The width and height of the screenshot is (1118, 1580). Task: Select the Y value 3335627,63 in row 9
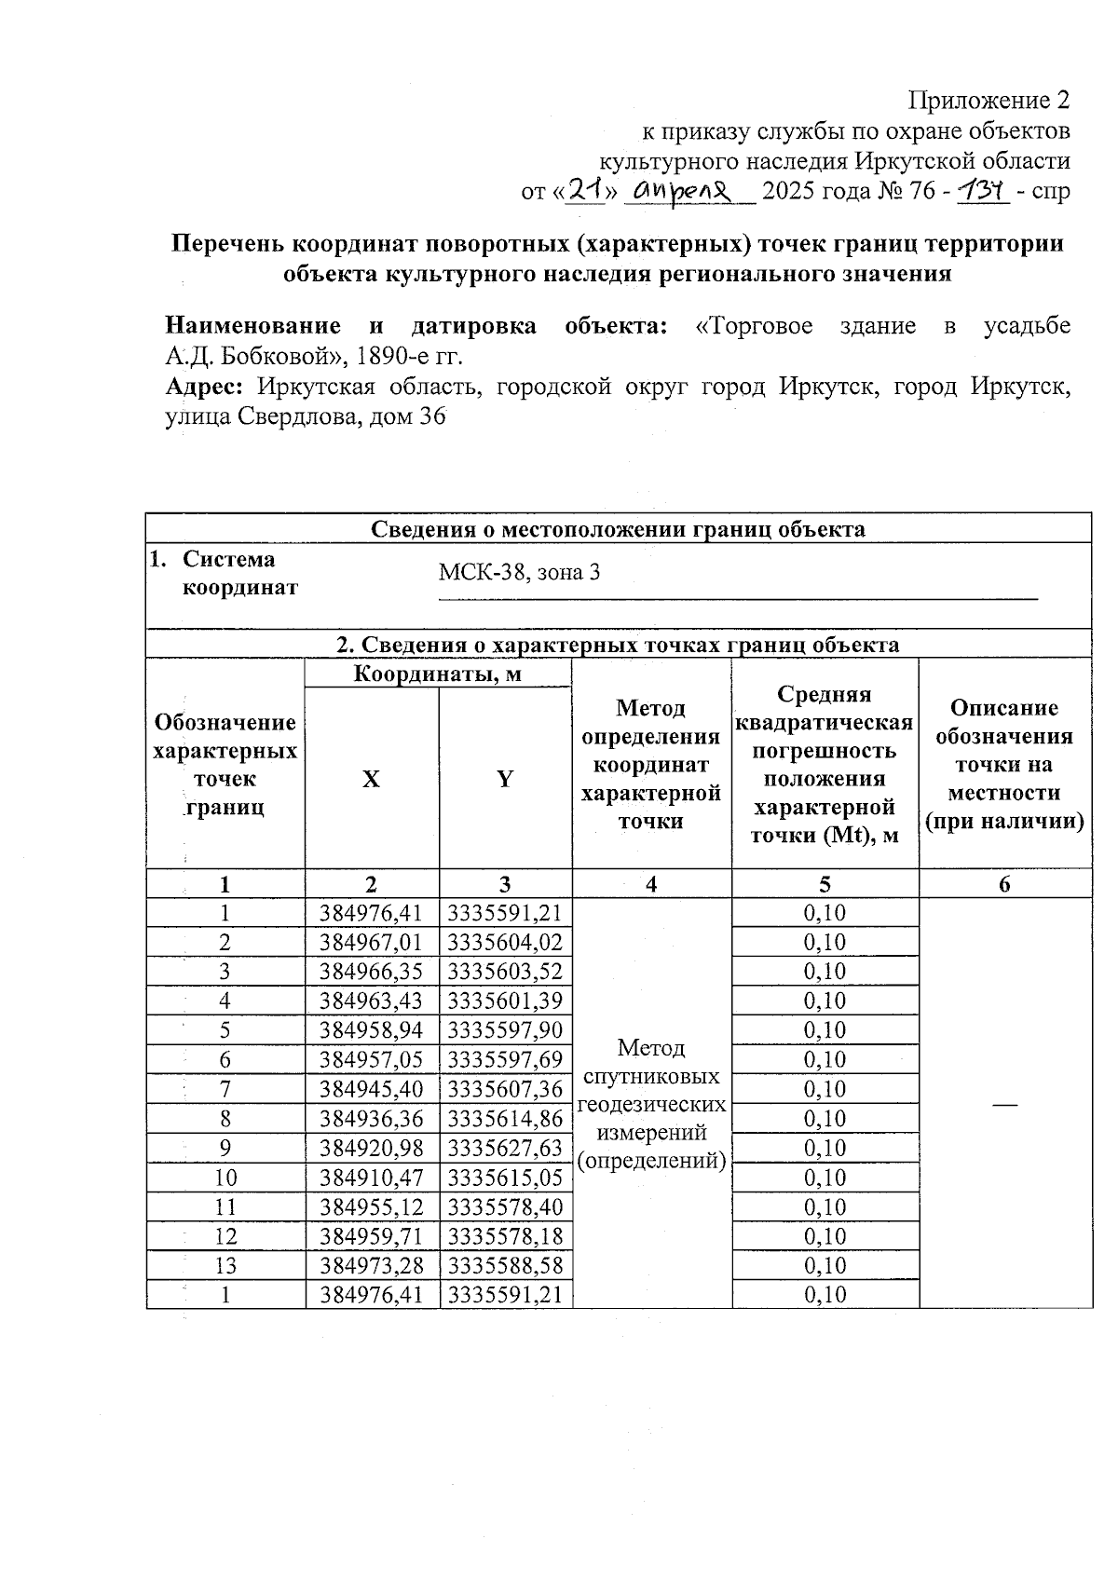coord(505,1149)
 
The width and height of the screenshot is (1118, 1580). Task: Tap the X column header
coord(371,780)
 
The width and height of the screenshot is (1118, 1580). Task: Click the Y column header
coord(505,780)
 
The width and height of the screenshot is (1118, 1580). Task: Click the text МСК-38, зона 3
coord(519,572)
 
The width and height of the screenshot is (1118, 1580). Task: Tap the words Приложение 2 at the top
coord(988,101)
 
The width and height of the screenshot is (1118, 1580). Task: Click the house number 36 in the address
coord(432,416)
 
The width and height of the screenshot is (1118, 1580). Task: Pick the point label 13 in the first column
coord(225,1266)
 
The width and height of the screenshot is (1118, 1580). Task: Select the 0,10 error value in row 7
coord(825,1089)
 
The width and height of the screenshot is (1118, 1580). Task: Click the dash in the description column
coord(1004,1103)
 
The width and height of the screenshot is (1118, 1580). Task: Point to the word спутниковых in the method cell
coord(651,1077)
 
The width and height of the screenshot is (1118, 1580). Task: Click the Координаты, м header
coord(437,674)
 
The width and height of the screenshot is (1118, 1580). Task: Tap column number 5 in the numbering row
coord(825,884)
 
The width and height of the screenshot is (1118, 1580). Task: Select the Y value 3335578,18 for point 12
coord(505,1237)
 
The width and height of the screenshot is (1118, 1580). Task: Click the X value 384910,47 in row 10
coord(371,1178)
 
